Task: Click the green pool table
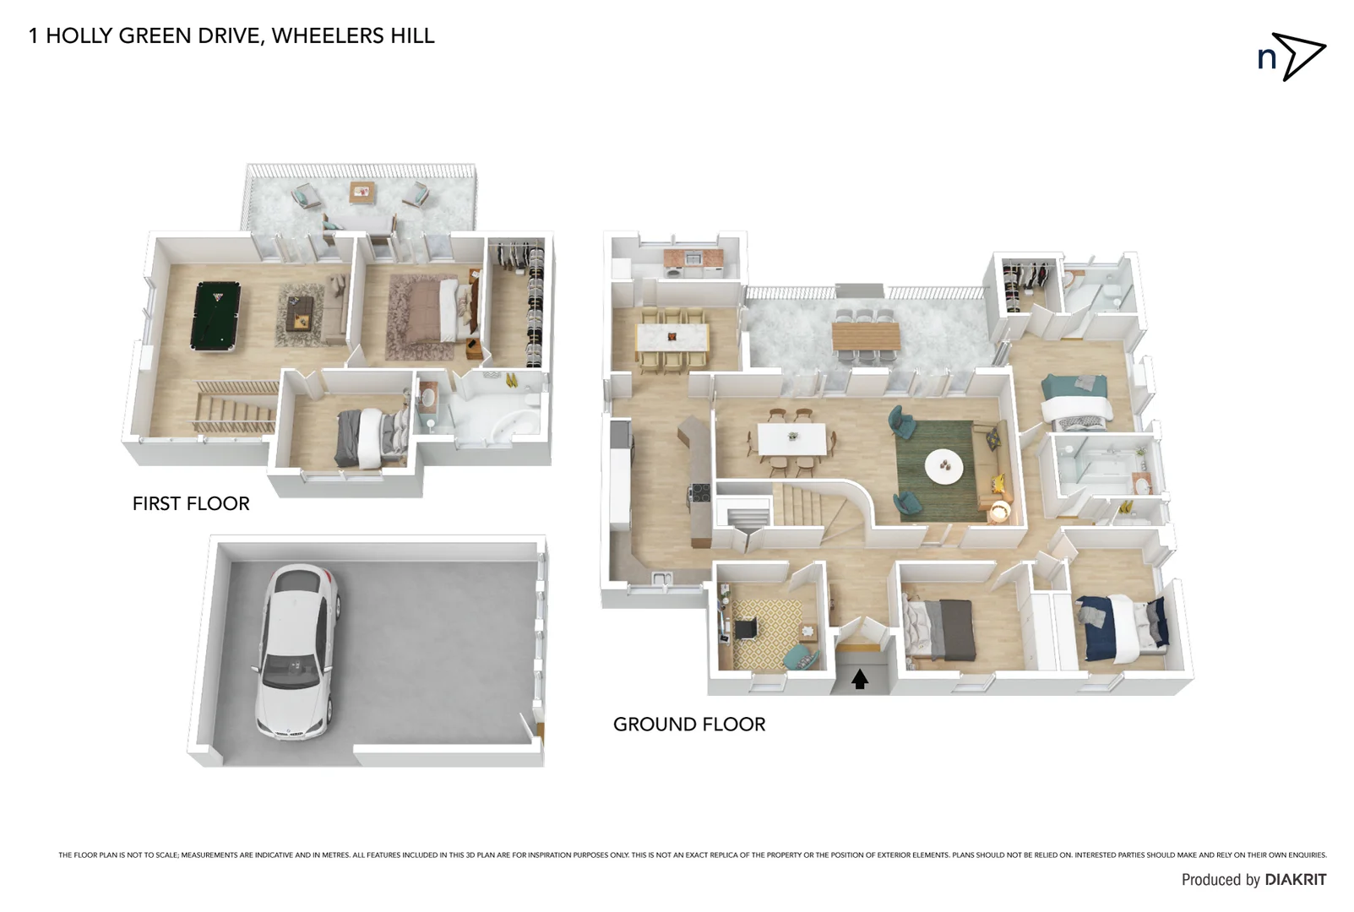216,316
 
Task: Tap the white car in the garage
297,652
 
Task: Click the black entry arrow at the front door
859,679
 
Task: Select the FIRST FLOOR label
191,503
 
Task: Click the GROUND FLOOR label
688,725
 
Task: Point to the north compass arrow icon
1299,57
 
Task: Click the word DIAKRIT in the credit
1295,880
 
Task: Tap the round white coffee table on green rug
943,466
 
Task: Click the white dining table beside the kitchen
791,438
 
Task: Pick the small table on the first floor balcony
362,193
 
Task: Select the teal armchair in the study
799,656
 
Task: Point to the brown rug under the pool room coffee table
300,316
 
